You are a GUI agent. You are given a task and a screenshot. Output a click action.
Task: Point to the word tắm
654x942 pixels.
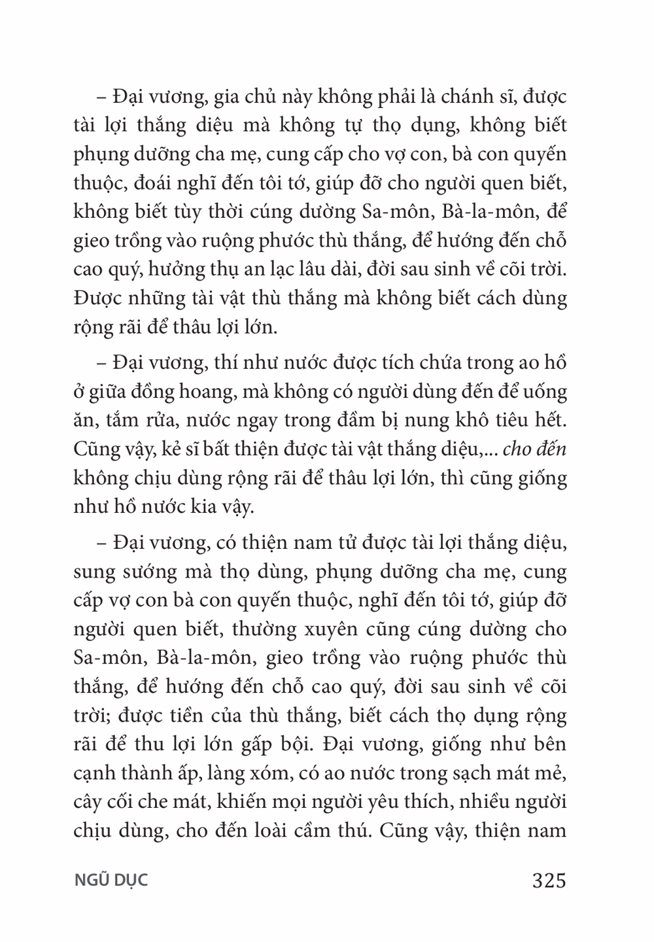[x=129, y=420]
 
